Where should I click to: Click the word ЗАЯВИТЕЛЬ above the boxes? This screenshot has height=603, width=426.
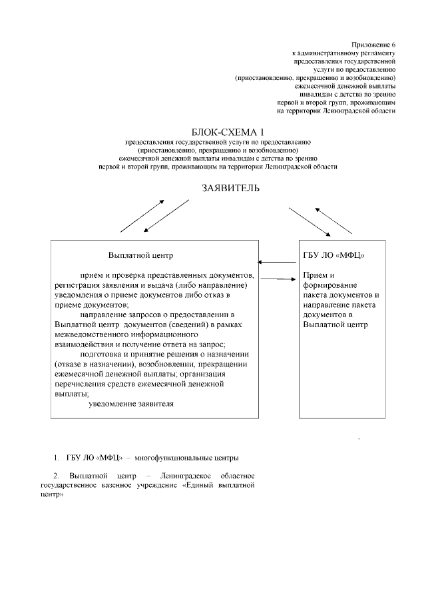[x=231, y=189]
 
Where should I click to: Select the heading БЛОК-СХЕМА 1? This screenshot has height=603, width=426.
[x=227, y=133]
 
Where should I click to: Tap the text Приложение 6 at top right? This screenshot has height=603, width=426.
[x=378, y=44]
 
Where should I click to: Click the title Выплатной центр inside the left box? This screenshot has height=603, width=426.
[x=140, y=255]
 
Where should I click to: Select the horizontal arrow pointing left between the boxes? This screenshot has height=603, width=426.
[x=278, y=263]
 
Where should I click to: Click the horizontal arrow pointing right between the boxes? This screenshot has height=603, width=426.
[x=278, y=279]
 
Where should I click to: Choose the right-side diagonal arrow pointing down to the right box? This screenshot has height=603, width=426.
[x=310, y=222]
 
